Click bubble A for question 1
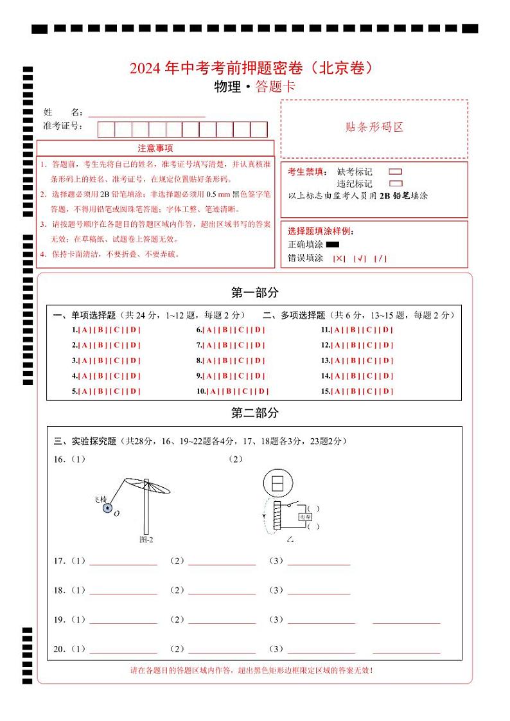(84, 330)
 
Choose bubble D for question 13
(386, 360)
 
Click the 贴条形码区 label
(374, 127)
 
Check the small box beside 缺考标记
(396, 172)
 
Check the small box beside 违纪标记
(396, 183)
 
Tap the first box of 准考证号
(105, 129)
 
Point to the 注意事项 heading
(155, 148)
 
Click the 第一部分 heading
(254, 293)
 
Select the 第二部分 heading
(254, 413)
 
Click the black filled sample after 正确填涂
(332, 244)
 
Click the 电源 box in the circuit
(302, 516)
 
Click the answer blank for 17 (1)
(123, 561)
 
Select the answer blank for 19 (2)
(222, 620)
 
